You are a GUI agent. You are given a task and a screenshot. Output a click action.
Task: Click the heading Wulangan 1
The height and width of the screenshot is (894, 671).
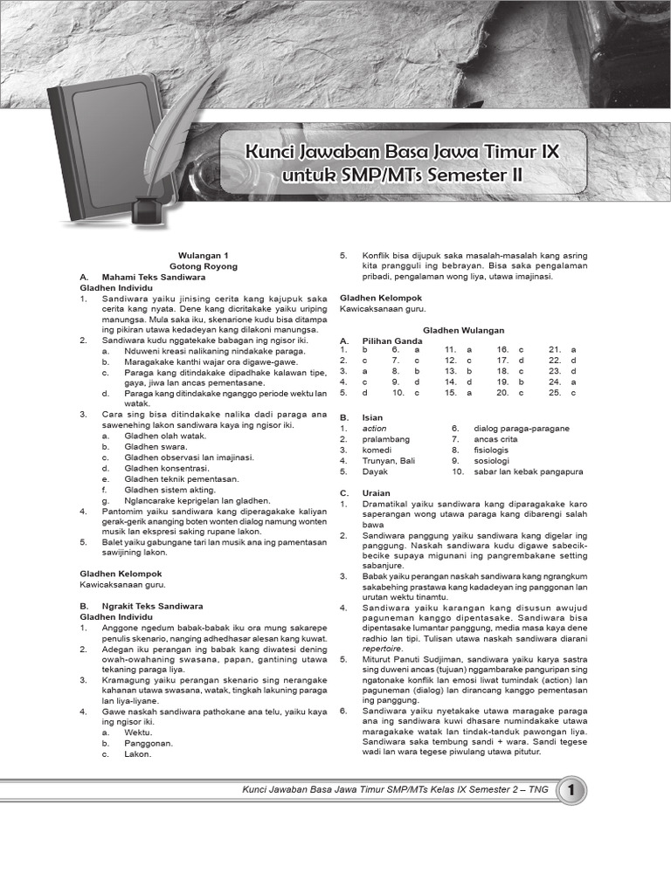(203, 255)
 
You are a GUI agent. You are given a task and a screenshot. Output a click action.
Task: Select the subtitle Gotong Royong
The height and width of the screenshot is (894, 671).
(203, 266)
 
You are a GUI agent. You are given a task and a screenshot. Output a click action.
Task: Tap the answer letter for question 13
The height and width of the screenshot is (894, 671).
(468, 371)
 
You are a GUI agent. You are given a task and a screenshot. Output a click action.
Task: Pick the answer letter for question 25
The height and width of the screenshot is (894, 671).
(574, 393)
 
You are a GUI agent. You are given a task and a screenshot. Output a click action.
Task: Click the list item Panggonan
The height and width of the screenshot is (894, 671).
(149, 744)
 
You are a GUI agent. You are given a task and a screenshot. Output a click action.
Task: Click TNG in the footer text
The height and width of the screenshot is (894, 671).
(539, 790)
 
